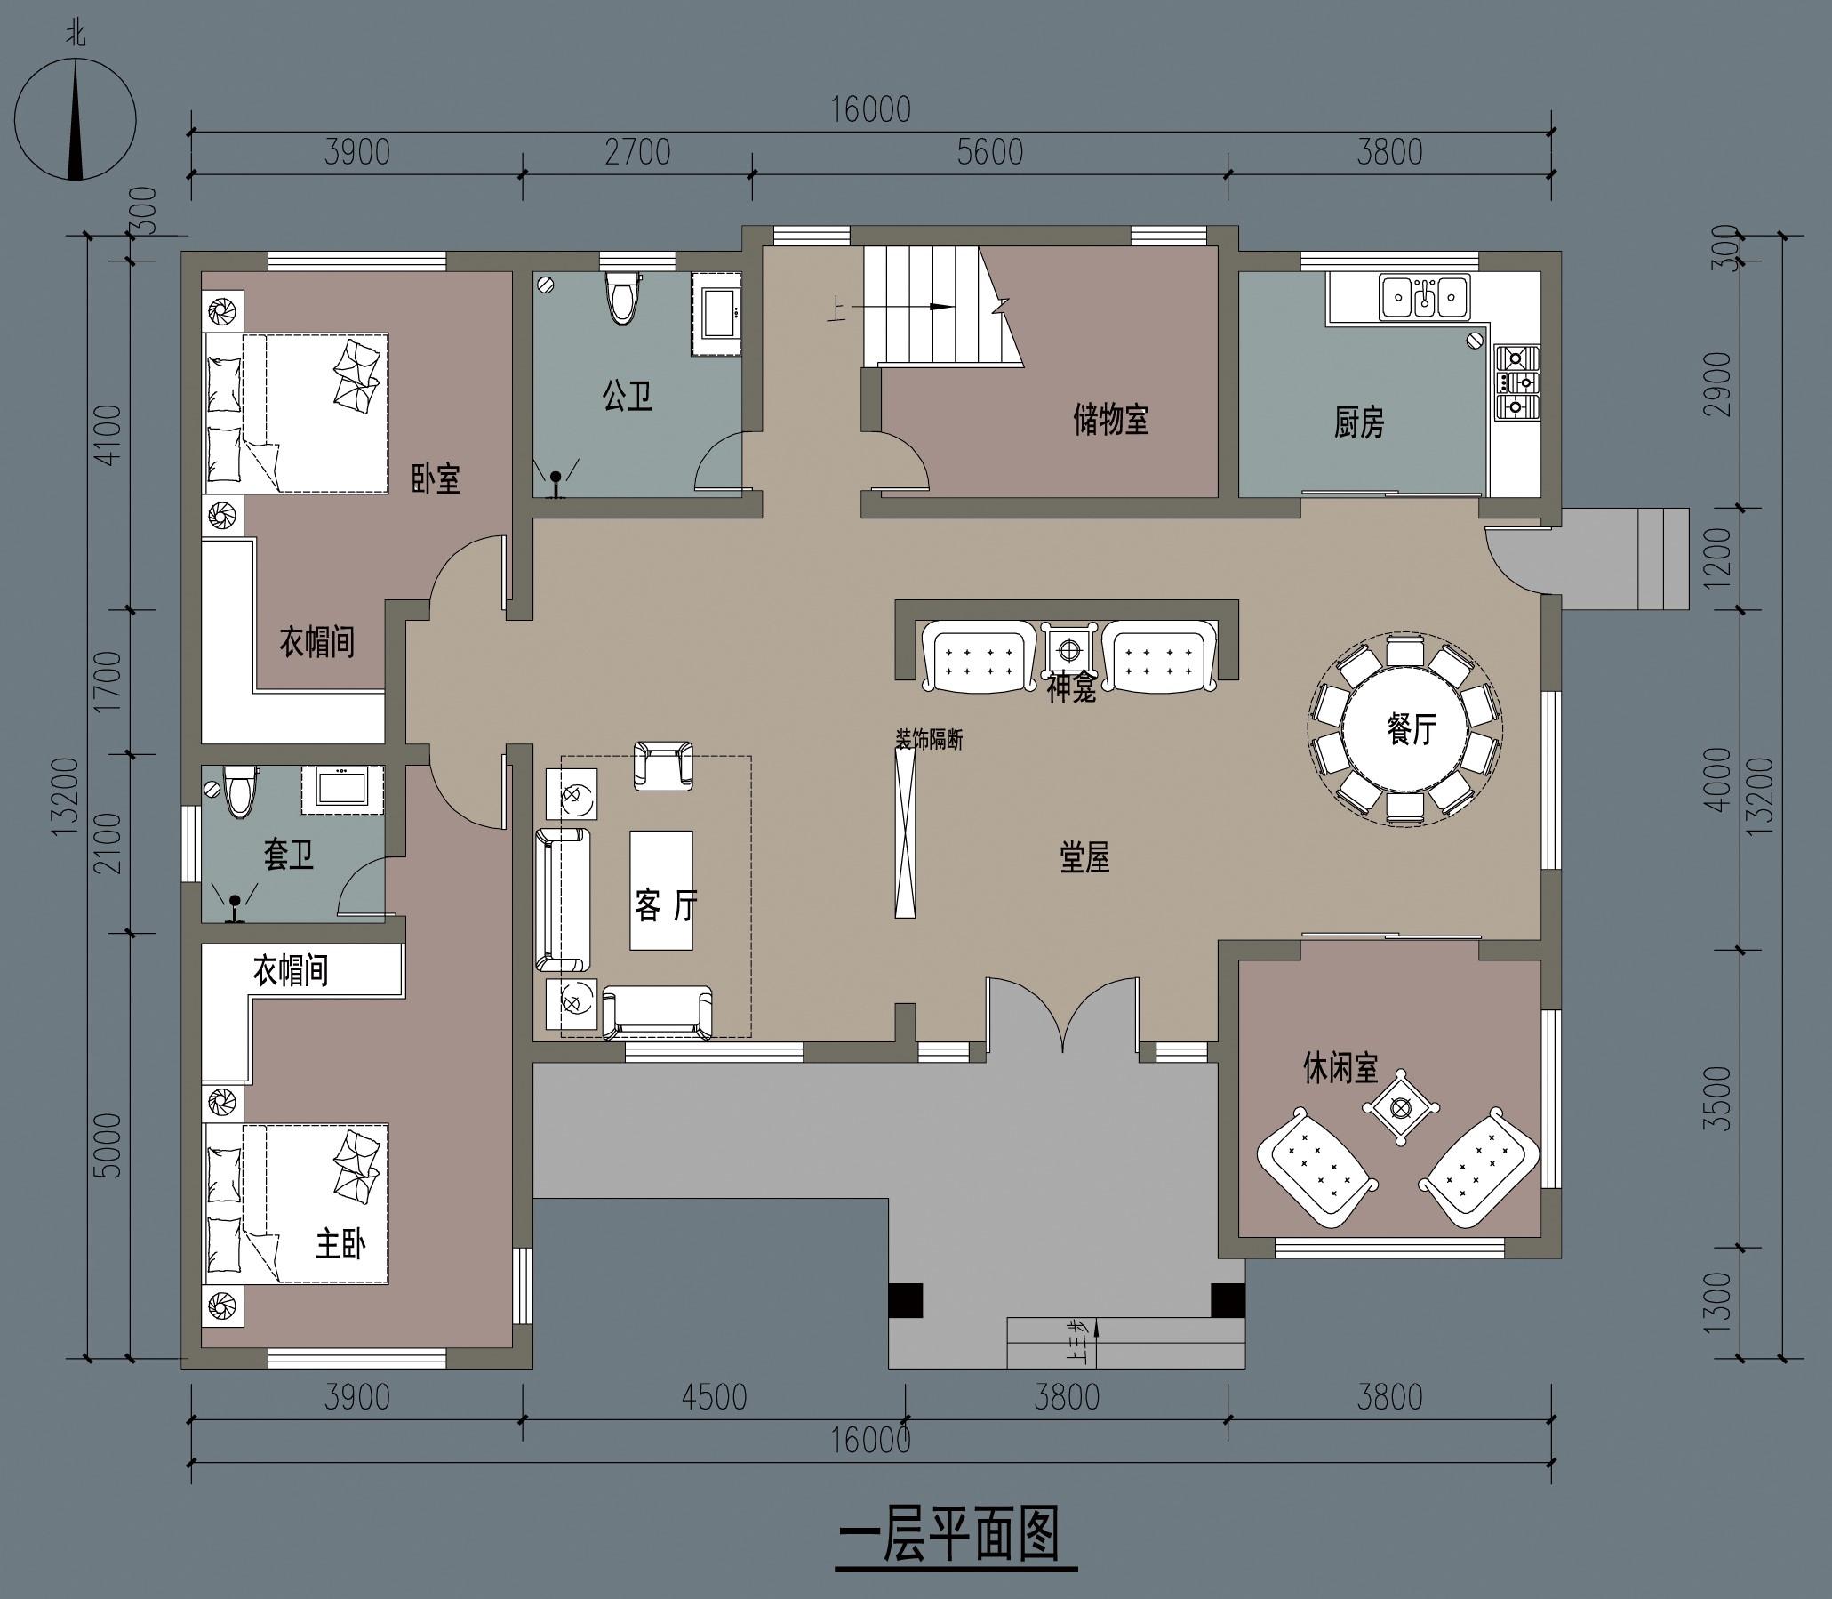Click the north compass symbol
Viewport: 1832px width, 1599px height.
click(76, 119)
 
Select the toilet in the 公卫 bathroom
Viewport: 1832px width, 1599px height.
click(622, 296)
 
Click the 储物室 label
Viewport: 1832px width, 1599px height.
click(1110, 420)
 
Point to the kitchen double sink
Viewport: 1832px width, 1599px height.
click(1424, 296)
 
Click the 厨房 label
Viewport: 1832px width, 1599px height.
click(1359, 423)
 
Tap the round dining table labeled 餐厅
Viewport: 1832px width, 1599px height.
click(1406, 729)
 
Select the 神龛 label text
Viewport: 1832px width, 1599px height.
click(1071, 690)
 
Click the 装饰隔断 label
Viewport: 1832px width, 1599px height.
click(929, 740)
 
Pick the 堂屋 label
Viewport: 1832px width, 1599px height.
click(1084, 858)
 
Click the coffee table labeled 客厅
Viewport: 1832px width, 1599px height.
click(662, 890)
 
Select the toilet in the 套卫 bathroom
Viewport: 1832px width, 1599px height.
click(239, 791)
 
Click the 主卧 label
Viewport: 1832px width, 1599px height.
click(340, 1244)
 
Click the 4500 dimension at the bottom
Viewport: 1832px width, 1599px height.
click(714, 1397)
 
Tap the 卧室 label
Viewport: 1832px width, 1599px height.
click(436, 479)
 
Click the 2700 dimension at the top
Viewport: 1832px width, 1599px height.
click(636, 153)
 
